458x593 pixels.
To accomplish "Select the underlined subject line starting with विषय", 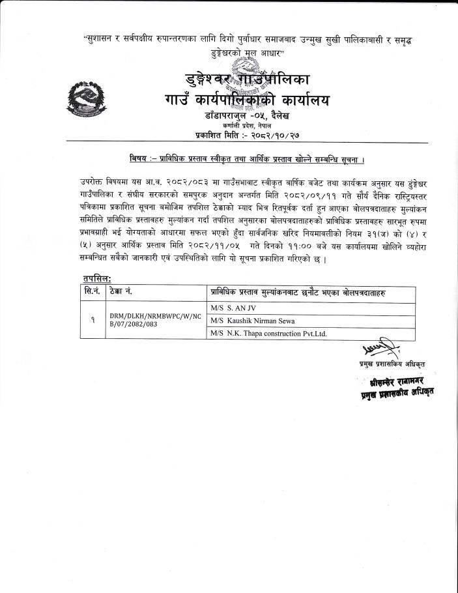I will (246, 159).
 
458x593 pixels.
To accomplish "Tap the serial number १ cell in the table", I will (93, 320).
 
